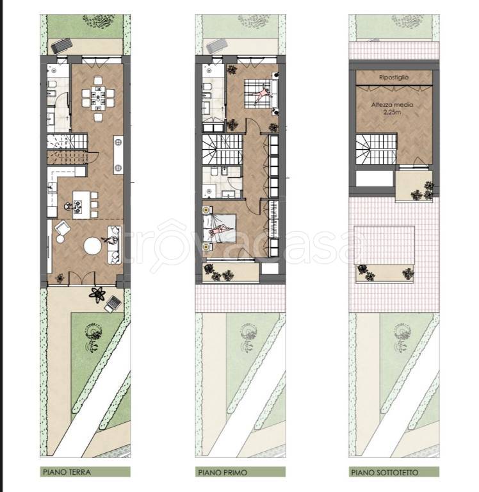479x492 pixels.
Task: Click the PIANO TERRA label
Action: point(67,471)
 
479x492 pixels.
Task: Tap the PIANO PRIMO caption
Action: point(222,472)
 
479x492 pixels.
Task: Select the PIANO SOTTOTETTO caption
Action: point(385,472)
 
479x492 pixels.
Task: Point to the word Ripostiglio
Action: point(394,77)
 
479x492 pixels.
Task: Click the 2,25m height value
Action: point(392,111)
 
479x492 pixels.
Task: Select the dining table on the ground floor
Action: point(98,98)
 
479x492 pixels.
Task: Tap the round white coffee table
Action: point(93,246)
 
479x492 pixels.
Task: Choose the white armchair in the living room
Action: point(62,228)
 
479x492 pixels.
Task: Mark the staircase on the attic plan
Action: point(376,149)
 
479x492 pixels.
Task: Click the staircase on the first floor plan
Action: point(222,149)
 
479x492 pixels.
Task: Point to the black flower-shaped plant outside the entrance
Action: point(97,295)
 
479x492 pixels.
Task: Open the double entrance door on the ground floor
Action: point(82,279)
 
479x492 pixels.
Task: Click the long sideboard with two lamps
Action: point(118,155)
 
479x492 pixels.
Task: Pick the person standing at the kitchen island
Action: point(68,206)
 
